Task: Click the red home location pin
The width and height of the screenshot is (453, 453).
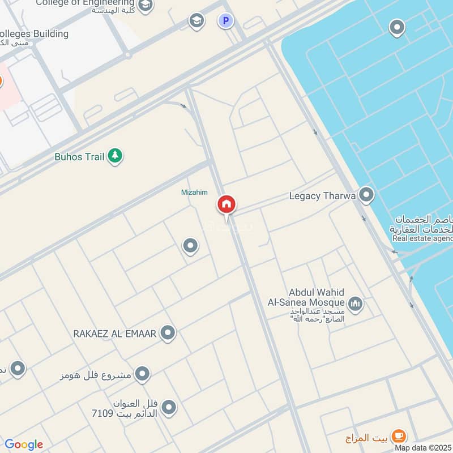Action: [x=226, y=204]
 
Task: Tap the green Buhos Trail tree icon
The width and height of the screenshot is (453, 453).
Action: [x=115, y=156]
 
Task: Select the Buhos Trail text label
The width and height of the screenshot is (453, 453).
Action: [x=79, y=157]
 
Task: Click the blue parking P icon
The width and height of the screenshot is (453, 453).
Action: [x=226, y=22]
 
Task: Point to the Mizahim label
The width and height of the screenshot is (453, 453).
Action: [x=194, y=193]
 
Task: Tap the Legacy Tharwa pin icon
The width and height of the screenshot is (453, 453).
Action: [x=366, y=196]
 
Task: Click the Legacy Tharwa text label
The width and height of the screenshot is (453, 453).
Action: [x=322, y=196]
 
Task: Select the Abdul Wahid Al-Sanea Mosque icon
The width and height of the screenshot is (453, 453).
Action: [x=356, y=304]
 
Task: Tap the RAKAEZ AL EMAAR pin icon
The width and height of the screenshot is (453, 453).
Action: [x=167, y=334]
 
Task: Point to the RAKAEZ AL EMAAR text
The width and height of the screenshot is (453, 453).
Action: [x=114, y=334]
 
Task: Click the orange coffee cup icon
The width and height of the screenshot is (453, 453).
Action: [x=399, y=436]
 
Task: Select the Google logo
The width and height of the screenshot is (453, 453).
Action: [x=24, y=445]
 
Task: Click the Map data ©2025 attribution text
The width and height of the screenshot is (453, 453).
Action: [x=423, y=448]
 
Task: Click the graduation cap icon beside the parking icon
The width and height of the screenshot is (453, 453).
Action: [x=196, y=22]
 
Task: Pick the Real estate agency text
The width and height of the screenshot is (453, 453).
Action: [x=422, y=238]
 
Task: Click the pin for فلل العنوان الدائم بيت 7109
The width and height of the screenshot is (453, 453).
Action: [x=169, y=407]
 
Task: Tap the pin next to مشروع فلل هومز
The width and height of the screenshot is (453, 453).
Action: [x=143, y=374]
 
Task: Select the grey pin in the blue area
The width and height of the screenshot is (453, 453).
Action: [x=398, y=27]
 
